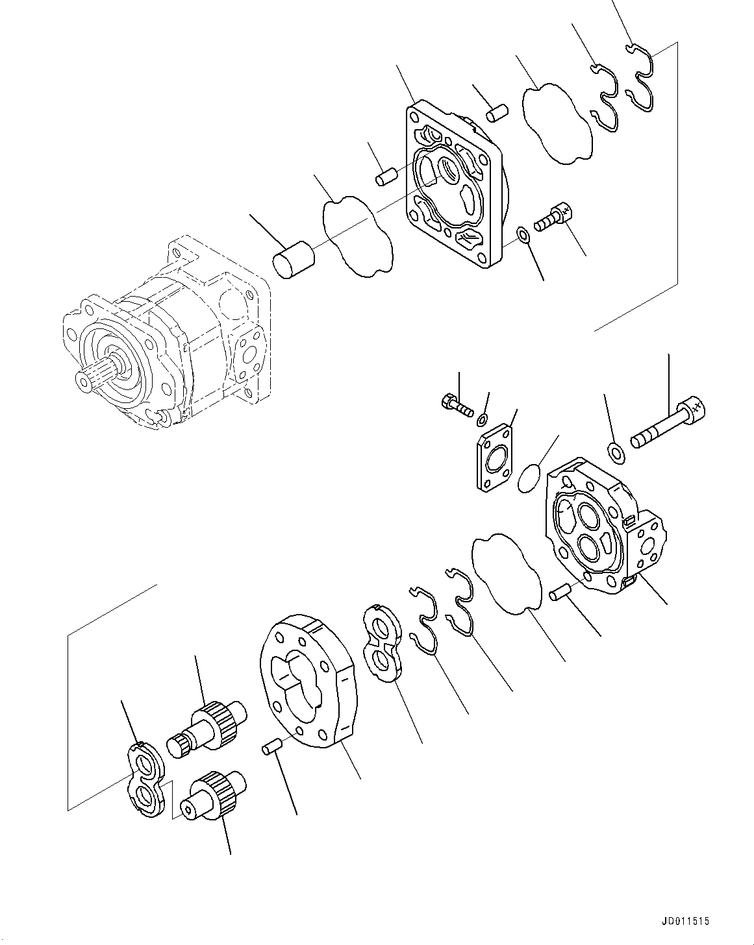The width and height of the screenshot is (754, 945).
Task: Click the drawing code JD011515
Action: [685, 921]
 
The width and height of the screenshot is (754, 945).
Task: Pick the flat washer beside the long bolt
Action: [616, 452]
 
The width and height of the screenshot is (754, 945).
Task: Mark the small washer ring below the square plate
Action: [522, 234]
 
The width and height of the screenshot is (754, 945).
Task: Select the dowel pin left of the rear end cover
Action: [560, 592]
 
